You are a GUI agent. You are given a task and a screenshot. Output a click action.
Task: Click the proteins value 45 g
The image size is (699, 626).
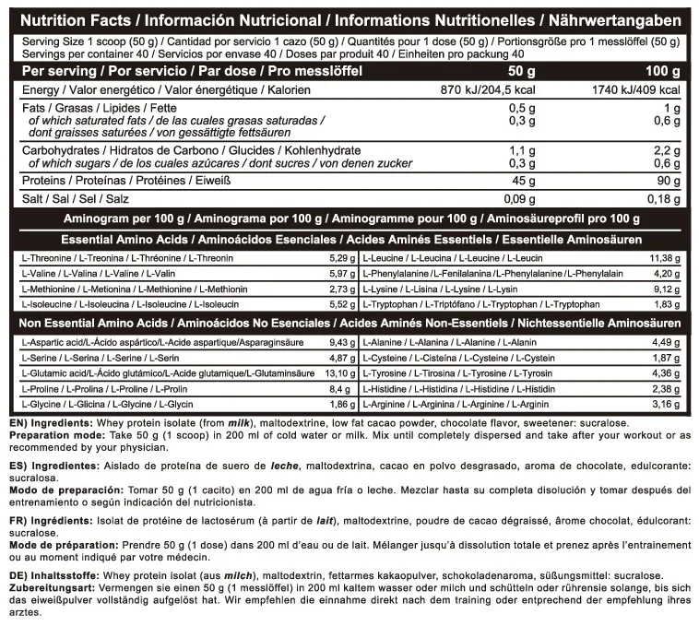tap(524, 180)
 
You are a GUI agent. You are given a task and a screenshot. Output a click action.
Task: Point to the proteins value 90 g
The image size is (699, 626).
tap(669, 180)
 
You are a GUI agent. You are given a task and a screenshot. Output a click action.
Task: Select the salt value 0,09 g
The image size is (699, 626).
tap(518, 199)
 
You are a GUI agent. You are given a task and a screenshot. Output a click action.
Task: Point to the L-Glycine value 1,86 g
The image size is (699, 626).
tap(341, 403)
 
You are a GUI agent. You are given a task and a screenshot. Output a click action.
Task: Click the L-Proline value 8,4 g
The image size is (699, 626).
tap(343, 387)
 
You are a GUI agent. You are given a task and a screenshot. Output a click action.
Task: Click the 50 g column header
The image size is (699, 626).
tap(522, 71)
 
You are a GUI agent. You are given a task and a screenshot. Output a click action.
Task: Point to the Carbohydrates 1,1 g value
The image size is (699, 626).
tap(522, 149)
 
